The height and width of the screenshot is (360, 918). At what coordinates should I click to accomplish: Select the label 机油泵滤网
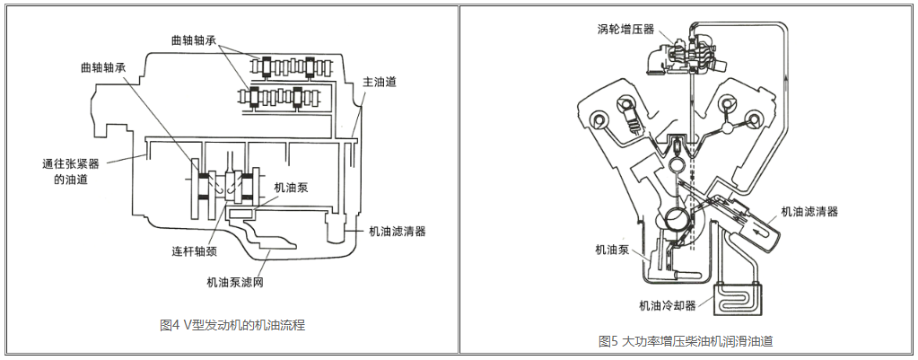click(234, 282)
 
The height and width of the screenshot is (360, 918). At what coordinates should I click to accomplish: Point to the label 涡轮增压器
click(623, 28)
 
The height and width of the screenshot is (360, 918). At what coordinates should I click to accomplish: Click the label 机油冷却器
click(667, 305)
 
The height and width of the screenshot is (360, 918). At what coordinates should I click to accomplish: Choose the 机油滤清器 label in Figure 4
click(397, 231)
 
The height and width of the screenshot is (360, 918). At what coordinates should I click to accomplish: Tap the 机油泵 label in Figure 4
click(292, 189)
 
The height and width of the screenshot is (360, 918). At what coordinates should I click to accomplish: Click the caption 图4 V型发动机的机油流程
click(232, 324)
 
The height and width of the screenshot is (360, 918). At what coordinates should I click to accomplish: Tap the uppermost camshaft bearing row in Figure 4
click(286, 66)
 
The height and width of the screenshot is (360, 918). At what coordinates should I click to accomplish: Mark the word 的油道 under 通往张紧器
click(60, 180)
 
